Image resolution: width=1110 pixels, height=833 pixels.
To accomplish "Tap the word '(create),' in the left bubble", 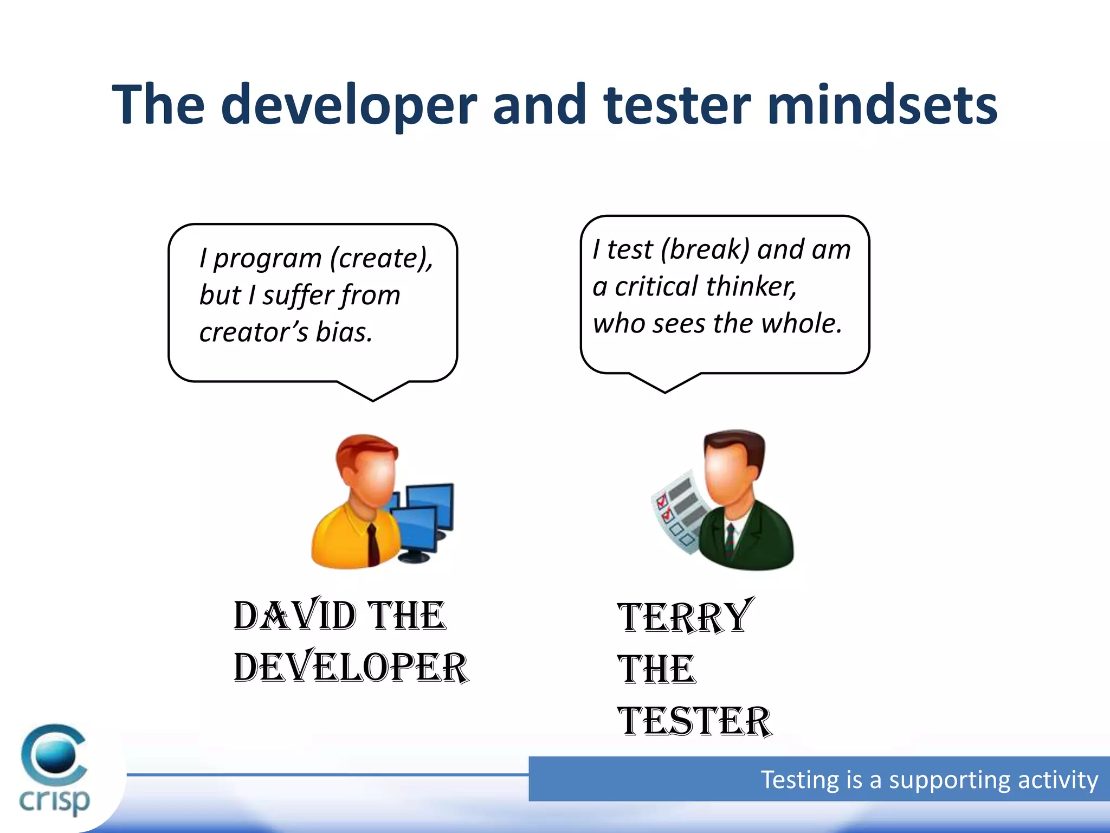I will point(382,258).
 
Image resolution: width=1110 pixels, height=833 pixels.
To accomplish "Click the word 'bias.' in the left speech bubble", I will point(344,332).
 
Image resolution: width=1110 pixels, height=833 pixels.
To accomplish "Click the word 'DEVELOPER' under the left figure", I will point(351,668).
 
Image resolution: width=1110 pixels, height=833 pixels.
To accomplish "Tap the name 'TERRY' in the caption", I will point(685,617).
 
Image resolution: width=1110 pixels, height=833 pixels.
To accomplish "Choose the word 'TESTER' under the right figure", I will point(694,721).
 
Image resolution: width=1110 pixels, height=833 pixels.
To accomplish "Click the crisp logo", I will point(54,770).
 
